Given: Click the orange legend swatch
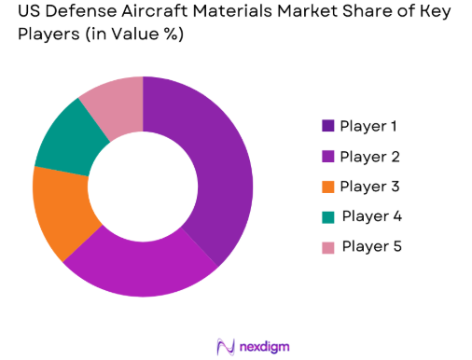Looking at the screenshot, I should [x=328, y=187].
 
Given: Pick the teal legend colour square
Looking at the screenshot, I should [x=328, y=216].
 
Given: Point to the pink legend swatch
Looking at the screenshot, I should [x=328, y=246].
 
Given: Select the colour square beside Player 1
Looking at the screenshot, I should [x=328, y=126].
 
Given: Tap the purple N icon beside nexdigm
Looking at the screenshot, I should [x=225, y=346].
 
